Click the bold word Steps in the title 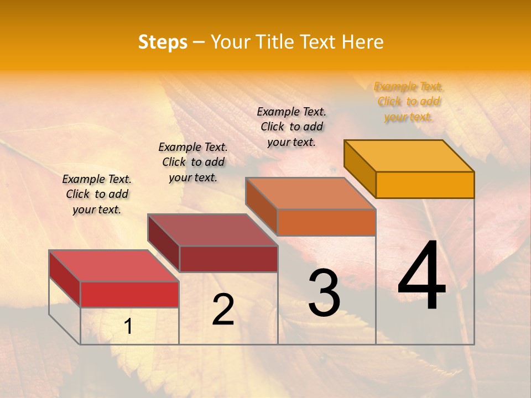tap(163, 42)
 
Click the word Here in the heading tap(362, 42)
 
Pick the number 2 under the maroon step tap(223, 310)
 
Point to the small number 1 tap(128, 327)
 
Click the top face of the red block tap(114, 266)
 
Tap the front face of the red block tap(129, 294)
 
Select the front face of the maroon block tap(228, 259)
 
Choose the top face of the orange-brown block tap(311, 193)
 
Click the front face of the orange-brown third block tap(326, 222)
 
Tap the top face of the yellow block tap(409, 155)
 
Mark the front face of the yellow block tap(425, 185)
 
